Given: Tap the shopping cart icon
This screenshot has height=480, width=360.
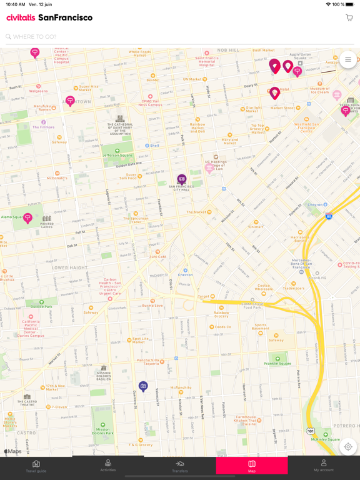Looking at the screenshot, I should click(349, 18).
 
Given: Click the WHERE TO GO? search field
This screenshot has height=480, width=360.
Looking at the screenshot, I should click(175, 37).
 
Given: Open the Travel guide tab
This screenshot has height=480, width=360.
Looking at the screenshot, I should click(36, 466).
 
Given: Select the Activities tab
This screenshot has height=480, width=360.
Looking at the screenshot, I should click(108, 466).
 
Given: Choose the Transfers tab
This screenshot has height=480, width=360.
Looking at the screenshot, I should click(180, 466).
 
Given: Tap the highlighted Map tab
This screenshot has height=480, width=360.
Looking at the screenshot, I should click(252, 466).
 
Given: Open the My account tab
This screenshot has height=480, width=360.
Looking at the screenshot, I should click(324, 466).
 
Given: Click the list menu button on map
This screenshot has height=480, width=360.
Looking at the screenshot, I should click(348, 59).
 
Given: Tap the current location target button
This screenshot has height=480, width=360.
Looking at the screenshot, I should click(348, 447).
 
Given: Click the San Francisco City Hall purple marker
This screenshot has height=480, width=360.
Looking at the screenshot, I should click(182, 179).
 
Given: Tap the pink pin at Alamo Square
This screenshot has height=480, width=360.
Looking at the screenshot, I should click(27, 217).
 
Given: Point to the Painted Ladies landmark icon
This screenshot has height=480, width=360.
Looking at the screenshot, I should click(47, 219).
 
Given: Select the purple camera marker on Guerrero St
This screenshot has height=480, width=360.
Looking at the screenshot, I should click(143, 386).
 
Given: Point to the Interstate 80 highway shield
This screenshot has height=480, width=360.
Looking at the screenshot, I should click(329, 216).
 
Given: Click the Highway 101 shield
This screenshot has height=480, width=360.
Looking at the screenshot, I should click(311, 431).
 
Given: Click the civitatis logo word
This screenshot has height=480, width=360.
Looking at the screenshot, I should click(21, 17).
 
